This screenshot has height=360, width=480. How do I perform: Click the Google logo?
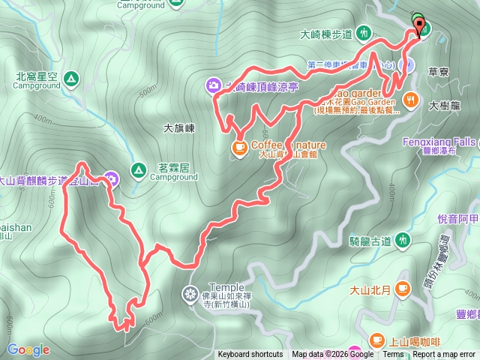pos(28,349)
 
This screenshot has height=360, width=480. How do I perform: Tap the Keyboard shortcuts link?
pos(250,355)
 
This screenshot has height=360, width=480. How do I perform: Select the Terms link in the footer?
pos(393,355)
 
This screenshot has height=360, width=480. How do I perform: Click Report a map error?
pos(445,355)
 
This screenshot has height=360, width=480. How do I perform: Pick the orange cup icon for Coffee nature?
pos(239,147)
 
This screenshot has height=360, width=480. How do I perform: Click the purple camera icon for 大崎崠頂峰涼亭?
pos(214,86)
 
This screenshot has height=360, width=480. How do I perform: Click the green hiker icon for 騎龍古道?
pos(403,240)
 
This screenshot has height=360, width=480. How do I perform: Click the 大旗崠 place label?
pos(179,128)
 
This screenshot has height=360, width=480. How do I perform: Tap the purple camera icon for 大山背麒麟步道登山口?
pos(112,178)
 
